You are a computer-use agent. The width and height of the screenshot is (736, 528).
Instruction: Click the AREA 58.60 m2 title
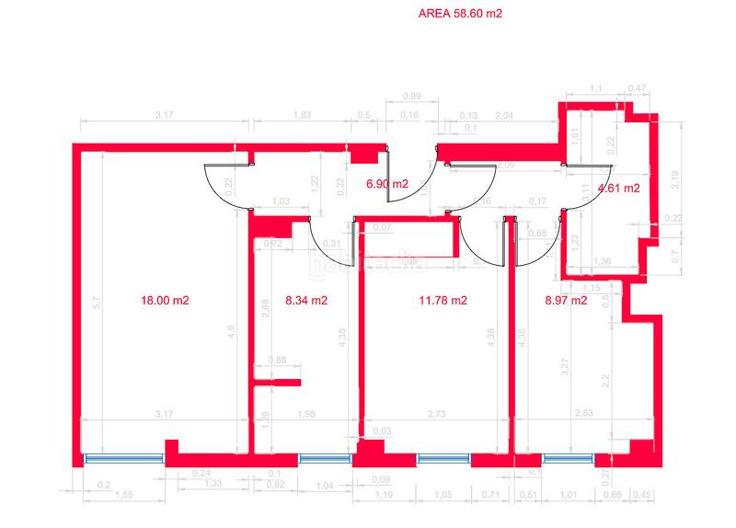click(460, 14)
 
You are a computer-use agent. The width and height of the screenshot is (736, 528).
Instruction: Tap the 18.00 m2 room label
click(165, 300)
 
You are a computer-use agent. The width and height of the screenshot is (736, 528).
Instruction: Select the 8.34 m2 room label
click(306, 300)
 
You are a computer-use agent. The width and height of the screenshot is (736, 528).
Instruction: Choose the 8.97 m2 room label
click(566, 300)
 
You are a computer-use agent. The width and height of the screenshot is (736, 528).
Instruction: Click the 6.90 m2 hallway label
click(386, 184)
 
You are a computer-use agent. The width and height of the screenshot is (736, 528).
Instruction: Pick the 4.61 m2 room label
click(618, 189)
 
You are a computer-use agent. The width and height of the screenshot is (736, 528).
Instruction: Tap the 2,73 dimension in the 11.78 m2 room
click(435, 415)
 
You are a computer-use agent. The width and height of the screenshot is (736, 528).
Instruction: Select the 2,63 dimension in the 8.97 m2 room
click(581, 413)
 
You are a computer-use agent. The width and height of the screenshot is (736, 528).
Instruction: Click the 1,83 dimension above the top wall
click(301, 115)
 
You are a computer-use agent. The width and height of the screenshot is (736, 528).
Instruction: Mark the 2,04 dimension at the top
click(504, 115)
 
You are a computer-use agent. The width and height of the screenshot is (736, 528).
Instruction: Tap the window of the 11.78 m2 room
click(443, 458)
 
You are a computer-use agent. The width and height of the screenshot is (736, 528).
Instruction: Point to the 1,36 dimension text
click(602, 261)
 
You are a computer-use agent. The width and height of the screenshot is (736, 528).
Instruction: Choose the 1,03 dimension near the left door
click(282, 201)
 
